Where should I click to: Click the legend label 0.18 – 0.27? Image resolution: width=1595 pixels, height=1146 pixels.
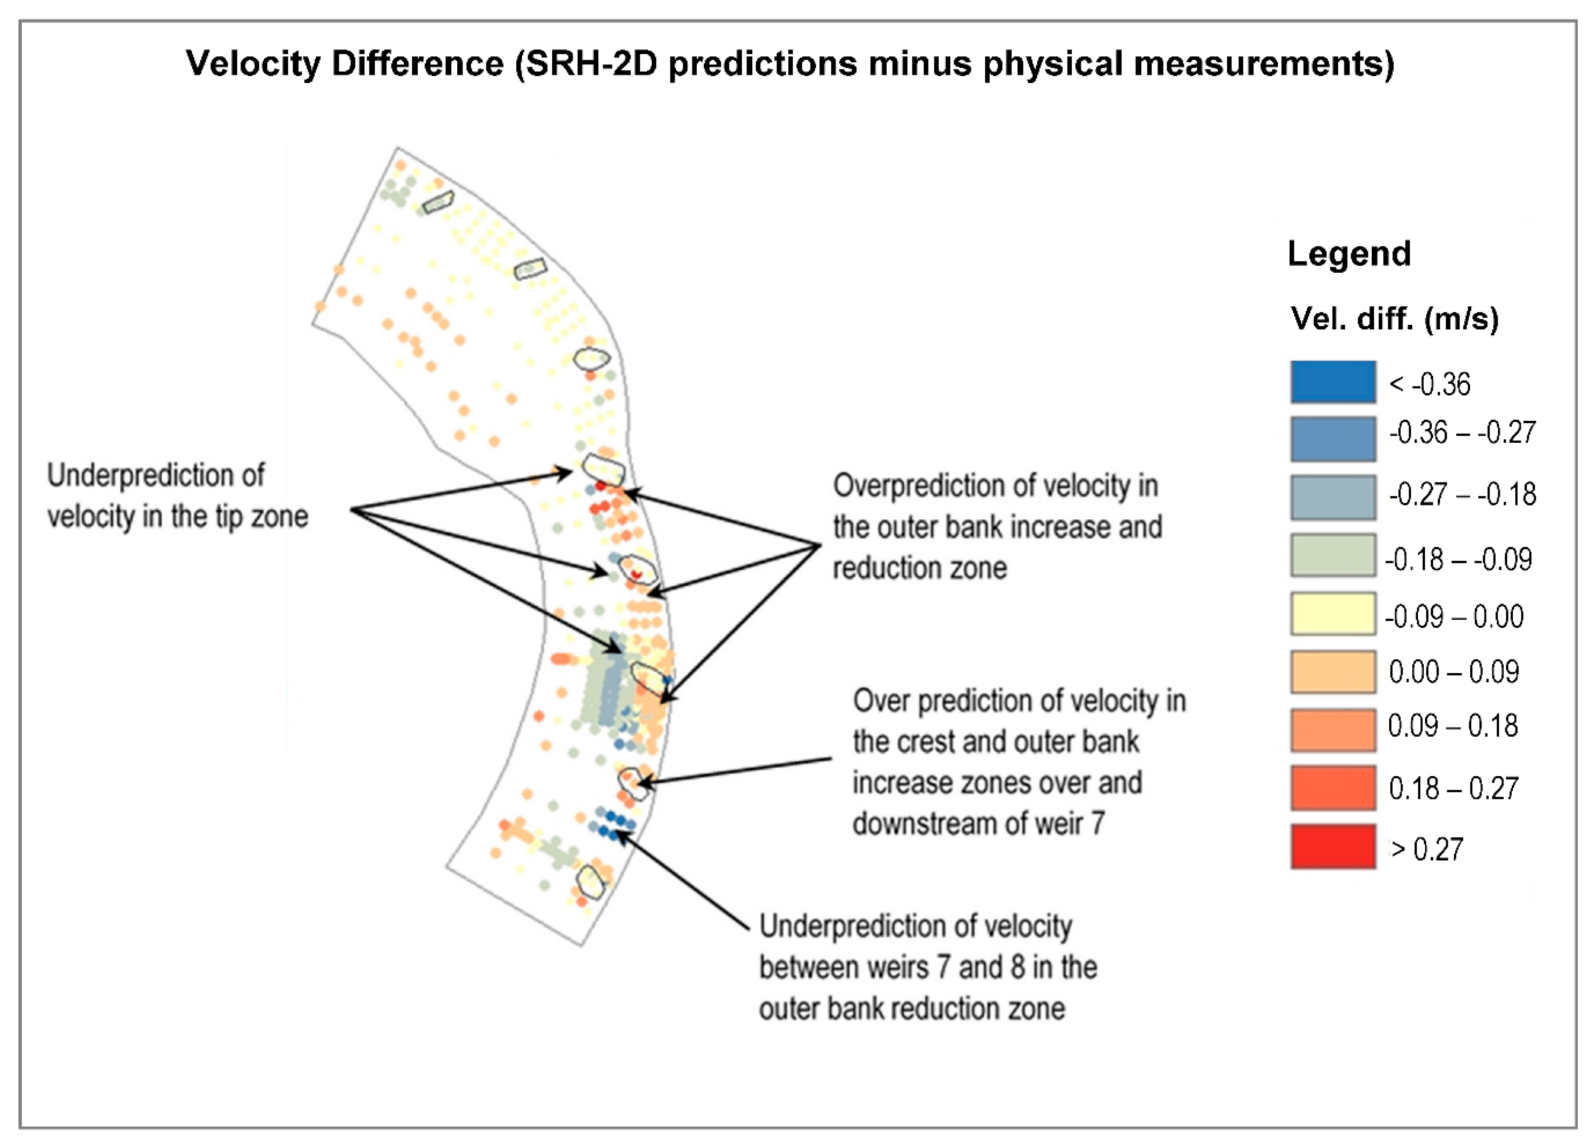coord(1453,788)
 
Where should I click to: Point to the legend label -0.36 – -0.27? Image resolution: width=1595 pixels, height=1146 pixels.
coord(1461,432)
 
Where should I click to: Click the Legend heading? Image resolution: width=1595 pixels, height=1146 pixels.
coord(1348,254)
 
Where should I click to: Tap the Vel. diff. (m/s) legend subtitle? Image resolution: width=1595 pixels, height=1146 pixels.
coord(1394,319)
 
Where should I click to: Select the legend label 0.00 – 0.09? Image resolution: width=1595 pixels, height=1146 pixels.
coord(1453,672)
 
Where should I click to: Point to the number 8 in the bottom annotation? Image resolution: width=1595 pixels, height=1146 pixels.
coord(1018,967)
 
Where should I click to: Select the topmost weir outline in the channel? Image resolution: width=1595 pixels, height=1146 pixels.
coord(437,202)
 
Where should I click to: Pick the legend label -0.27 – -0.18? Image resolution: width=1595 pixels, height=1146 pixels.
coord(1461,495)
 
